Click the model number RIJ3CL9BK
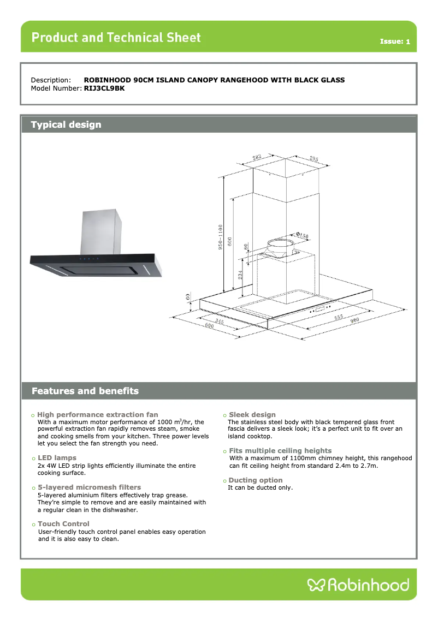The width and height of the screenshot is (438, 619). tap(104, 88)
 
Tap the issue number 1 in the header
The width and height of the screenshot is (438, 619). tap(407, 42)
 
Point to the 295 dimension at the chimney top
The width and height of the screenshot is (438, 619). tap(313, 159)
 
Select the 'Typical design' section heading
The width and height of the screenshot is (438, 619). tap(66, 124)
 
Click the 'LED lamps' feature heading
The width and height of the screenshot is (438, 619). tap(57, 457)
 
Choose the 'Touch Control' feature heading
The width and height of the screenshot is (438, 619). tap(63, 523)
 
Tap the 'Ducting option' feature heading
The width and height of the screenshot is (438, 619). tap(256, 480)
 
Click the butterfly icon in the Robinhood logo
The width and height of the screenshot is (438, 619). tap(316, 585)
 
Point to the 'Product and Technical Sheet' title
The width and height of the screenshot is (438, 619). tap(116, 38)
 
